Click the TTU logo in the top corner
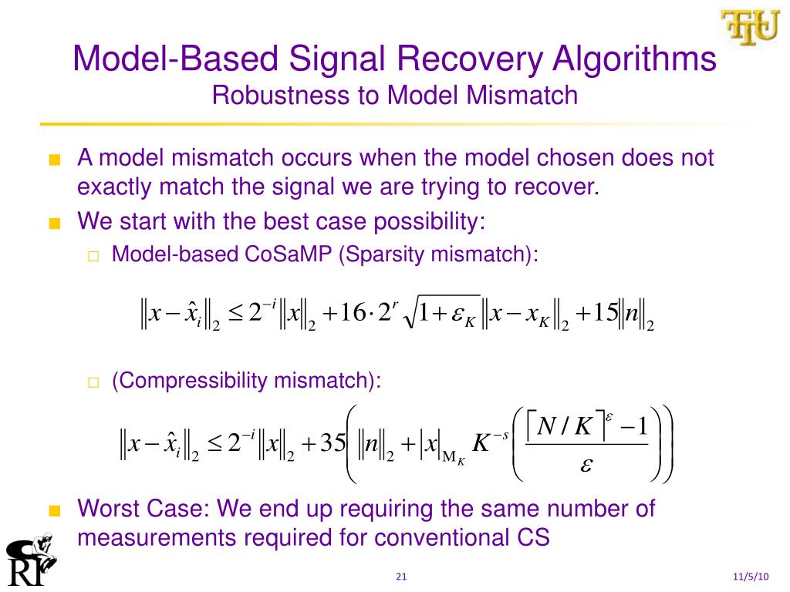click(750, 28)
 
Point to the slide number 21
click(400, 577)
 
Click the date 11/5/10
click(751, 577)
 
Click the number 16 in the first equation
click(356, 314)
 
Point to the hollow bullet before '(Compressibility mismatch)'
click(93, 382)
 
